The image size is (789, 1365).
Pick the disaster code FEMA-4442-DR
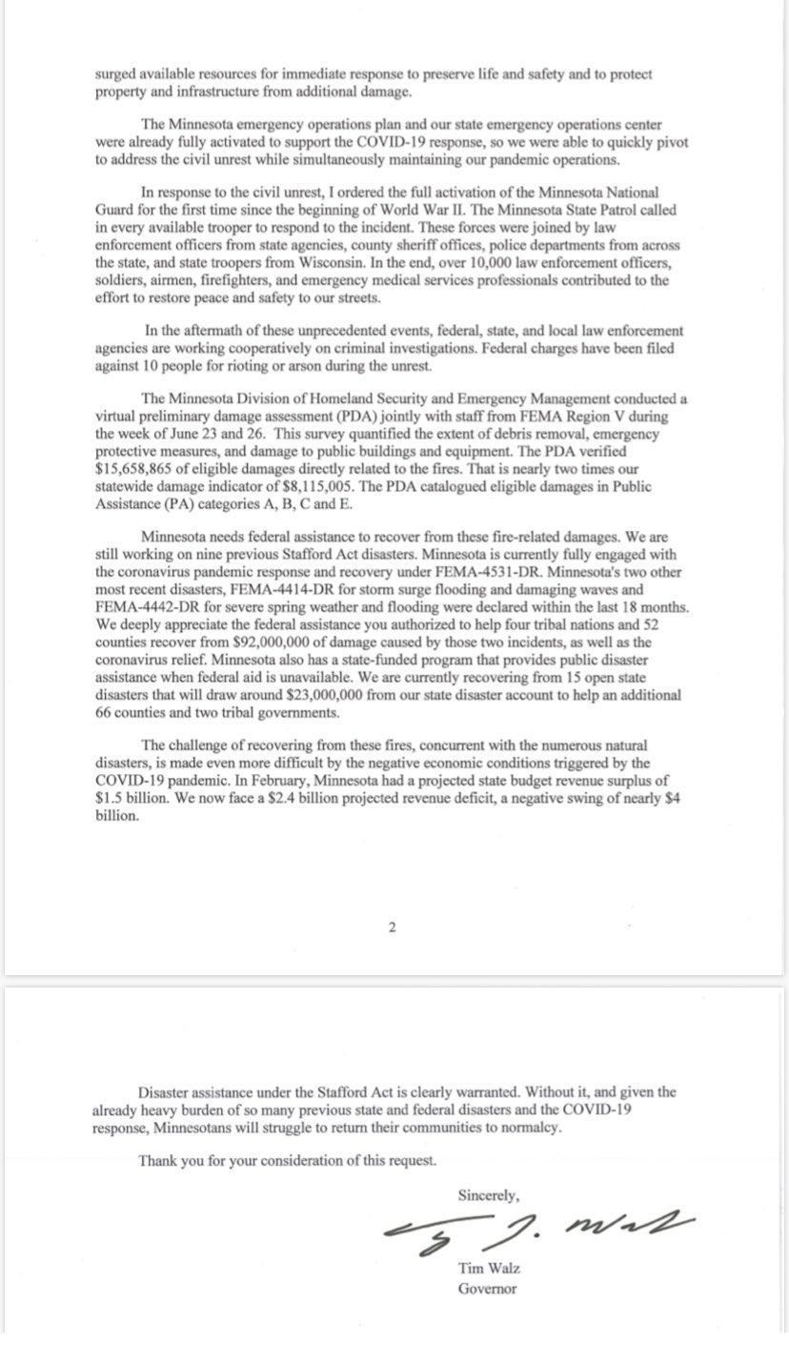pyautogui.click(x=143, y=606)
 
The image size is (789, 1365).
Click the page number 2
pyautogui.click(x=392, y=927)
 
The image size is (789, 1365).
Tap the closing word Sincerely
pyautogui.click(x=488, y=1194)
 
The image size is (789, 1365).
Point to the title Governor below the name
pyautogui.click(x=487, y=1288)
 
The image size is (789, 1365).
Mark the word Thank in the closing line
pyautogui.click(x=158, y=1160)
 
